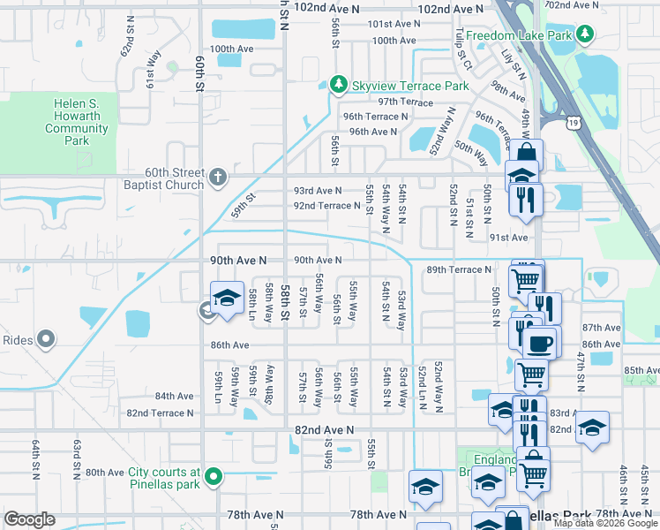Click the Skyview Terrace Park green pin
[337, 85]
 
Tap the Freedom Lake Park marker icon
[585, 35]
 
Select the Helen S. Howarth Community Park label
[77, 123]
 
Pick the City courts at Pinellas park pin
[213, 478]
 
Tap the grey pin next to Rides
[47, 339]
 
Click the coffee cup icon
[539, 342]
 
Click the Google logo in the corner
[30, 519]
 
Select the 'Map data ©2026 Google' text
[605, 523]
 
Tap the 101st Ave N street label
[394, 24]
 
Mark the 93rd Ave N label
[318, 191]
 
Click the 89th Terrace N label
[458, 269]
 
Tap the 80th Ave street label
[105, 473]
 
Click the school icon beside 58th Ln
[227, 298]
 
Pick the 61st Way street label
[155, 64]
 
